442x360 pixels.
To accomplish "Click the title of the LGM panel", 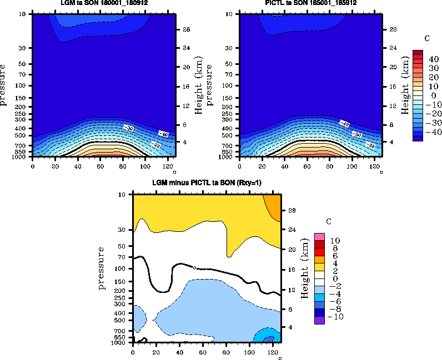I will point(104,3).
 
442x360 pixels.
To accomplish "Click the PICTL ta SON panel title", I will point(311,3).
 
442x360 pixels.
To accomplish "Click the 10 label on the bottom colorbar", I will point(335,241).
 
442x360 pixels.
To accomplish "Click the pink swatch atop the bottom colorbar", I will point(319,237).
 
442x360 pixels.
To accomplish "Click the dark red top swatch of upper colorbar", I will point(418,52).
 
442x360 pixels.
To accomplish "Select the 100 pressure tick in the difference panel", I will point(124,268).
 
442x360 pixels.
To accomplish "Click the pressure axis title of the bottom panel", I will point(102,268).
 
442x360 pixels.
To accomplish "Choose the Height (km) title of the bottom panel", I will point(304,268).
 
